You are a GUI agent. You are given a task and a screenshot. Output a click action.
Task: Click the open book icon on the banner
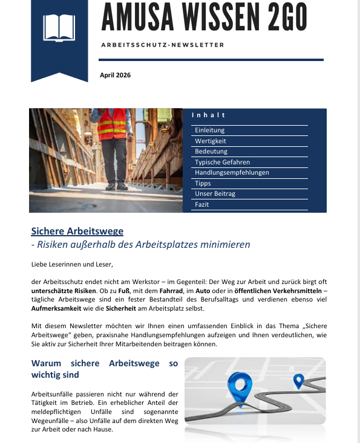click(x=59, y=27)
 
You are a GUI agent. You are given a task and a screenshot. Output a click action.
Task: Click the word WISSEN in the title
click(x=214, y=18)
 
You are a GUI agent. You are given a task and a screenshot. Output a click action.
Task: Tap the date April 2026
click(x=115, y=76)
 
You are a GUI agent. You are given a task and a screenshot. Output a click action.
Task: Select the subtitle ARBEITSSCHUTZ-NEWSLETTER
click(x=162, y=45)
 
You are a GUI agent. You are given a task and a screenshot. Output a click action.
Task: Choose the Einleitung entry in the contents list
click(x=209, y=131)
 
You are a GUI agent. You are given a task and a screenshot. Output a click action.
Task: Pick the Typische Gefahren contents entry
click(x=222, y=162)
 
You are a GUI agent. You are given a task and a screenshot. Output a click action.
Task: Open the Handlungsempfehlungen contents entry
click(x=232, y=173)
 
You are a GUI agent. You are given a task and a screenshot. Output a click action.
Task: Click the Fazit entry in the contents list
click(x=201, y=205)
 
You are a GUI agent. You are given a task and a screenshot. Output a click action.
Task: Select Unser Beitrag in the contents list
click(x=215, y=194)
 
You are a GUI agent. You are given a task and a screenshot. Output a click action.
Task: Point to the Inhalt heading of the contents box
click(x=208, y=115)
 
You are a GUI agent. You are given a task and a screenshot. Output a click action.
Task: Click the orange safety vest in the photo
click(x=112, y=123)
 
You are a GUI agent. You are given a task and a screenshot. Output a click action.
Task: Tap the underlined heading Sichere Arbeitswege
click(x=77, y=231)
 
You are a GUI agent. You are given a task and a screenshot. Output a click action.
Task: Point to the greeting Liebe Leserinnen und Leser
click(x=72, y=264)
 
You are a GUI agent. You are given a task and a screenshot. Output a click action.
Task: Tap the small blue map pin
click(x=298, y=381)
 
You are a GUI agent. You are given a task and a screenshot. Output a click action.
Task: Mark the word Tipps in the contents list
click(x=203, y=183)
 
